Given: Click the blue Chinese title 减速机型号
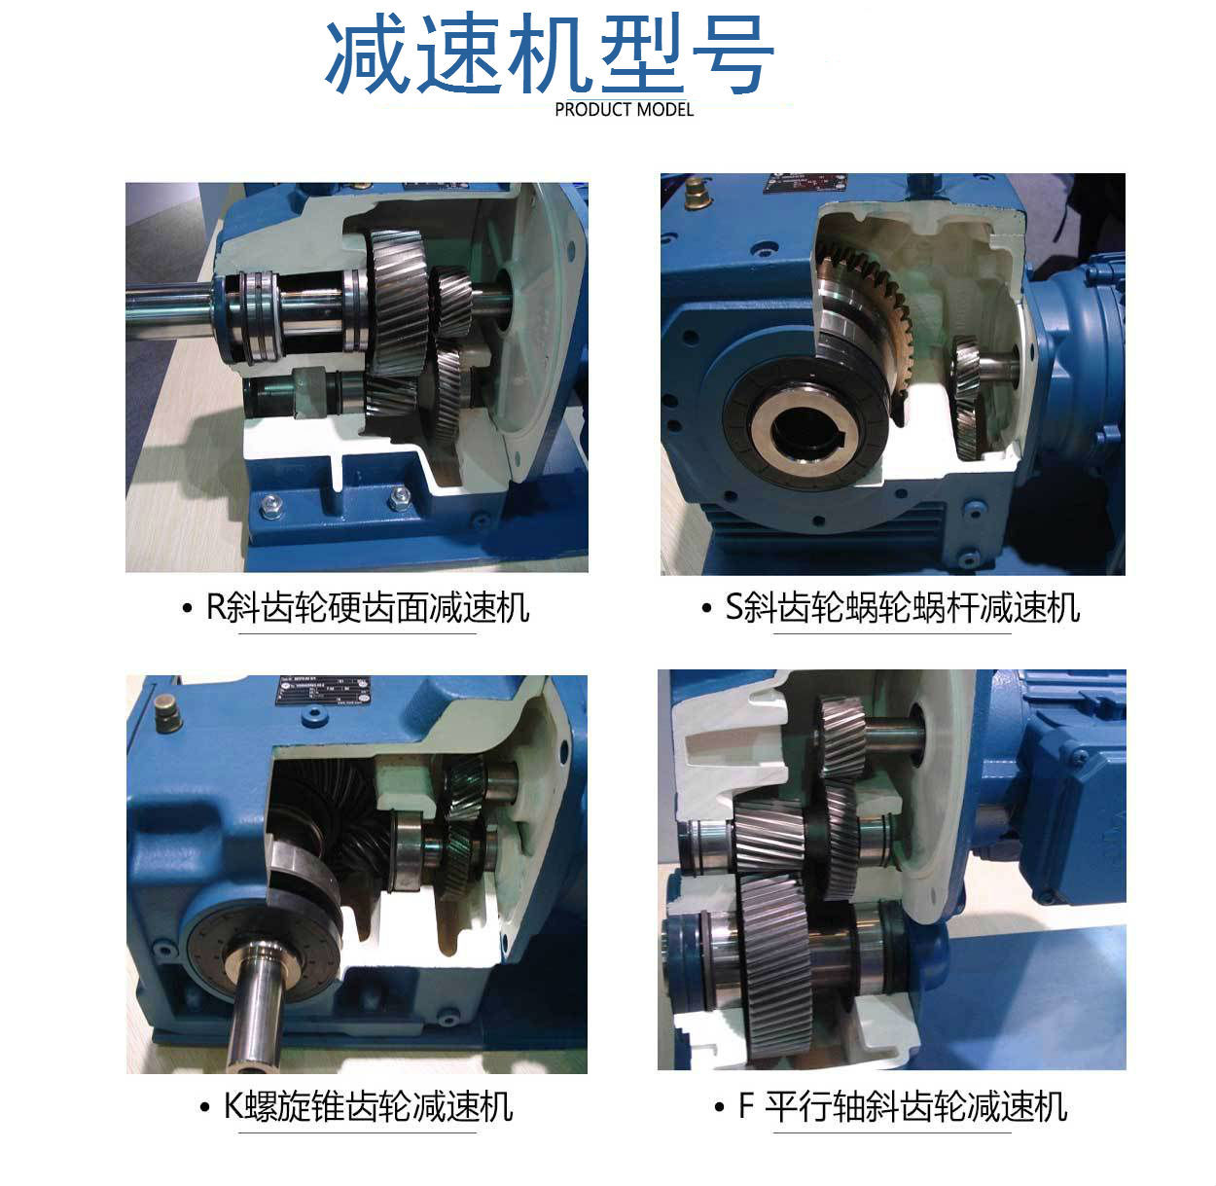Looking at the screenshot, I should [550, 55].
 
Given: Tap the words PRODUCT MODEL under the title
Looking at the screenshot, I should [624, 110].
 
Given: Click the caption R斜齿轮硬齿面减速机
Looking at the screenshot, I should [368, 608].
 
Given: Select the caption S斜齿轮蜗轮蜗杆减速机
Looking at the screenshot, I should [903, 608].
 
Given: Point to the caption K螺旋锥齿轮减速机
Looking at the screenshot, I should [368, 1106].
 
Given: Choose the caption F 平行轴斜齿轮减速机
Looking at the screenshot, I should [903, 1106].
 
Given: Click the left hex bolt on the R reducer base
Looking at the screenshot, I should [269, 505].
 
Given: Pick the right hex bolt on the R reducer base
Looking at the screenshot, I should [400, 500].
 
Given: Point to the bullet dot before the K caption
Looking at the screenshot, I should [204, 1107].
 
